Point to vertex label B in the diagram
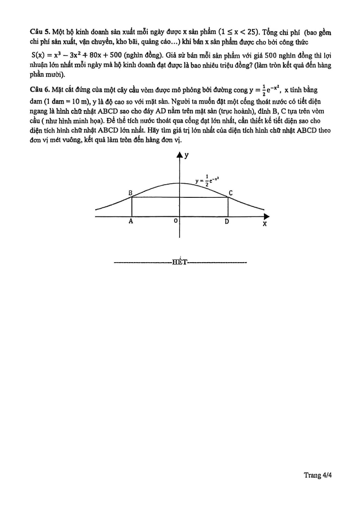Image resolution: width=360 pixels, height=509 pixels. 130,192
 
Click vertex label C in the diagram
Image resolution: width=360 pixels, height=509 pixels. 231,193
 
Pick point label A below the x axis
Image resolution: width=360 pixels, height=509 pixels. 131,222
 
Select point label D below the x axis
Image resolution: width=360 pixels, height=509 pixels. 227,222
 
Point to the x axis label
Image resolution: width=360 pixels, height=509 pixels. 264,224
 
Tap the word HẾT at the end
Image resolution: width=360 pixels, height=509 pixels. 180,262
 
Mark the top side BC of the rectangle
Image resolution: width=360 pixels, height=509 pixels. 180,197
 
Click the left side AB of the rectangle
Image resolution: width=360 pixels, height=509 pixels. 131,207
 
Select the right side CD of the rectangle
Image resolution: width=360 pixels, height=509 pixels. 228,207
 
